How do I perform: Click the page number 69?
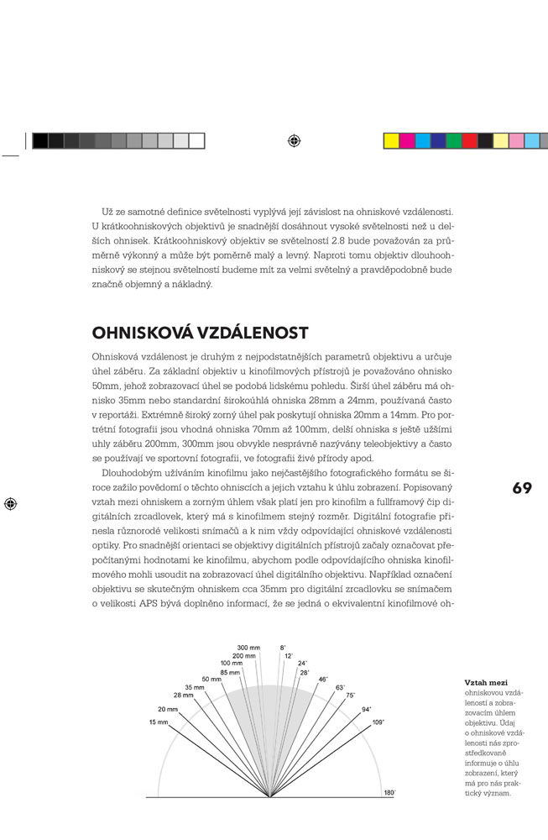coord(521,488)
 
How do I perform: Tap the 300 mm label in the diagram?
coord(248,648)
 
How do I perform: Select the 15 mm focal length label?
coord(158,722)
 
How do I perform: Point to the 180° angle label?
coord(389,792)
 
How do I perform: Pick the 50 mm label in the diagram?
coord(211,679)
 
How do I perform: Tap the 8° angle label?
coord(284,648)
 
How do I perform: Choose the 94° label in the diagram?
coord(367,709)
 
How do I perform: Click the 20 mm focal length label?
coord(167,709)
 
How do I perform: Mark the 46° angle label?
coord(323,679)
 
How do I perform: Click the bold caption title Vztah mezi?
coord(484,683)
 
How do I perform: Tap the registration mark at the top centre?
coord(293,140)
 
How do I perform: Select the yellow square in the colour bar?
coord(391,140)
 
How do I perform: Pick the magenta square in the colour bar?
coord(407,140)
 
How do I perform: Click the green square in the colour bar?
coord(454,140)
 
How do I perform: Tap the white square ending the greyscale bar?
coord(196,140)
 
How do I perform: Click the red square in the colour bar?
coord(470,140)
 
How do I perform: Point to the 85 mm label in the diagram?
coord(230,672)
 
